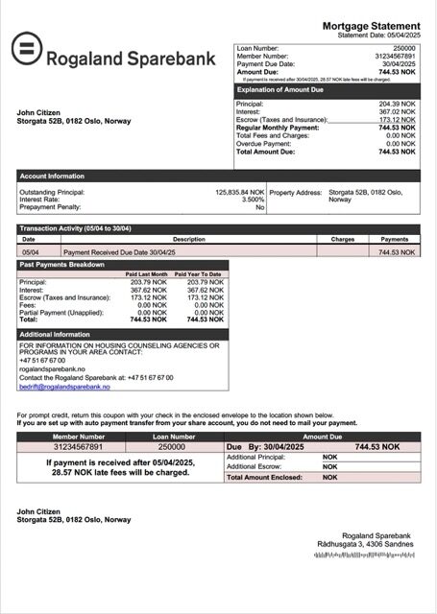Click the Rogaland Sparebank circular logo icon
[26, 49]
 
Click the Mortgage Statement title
[371, 26]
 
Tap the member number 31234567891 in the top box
[397, 56]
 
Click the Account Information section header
[53, 177]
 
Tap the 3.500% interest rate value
[253, 200]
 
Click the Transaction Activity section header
[75, 228]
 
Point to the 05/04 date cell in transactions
[30, 251]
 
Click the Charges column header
[343, 239]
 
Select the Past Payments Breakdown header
[63, 264]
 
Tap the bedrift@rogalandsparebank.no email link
[64, 387]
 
